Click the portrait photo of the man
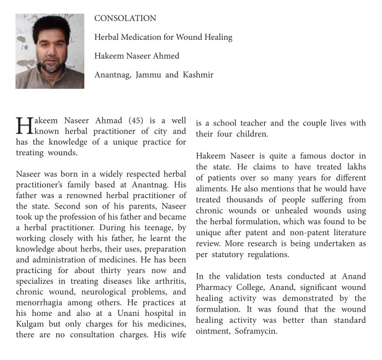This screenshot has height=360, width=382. [50, 51]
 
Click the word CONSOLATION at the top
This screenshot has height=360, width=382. [125, 19]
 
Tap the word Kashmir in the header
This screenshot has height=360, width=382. [198, 74]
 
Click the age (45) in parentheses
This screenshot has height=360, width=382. [136, 120]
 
